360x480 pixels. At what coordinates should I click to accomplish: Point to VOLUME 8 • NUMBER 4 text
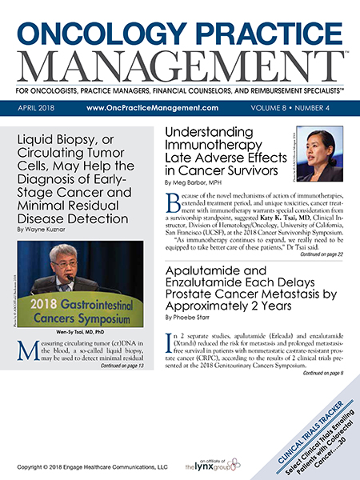[295, 108]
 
